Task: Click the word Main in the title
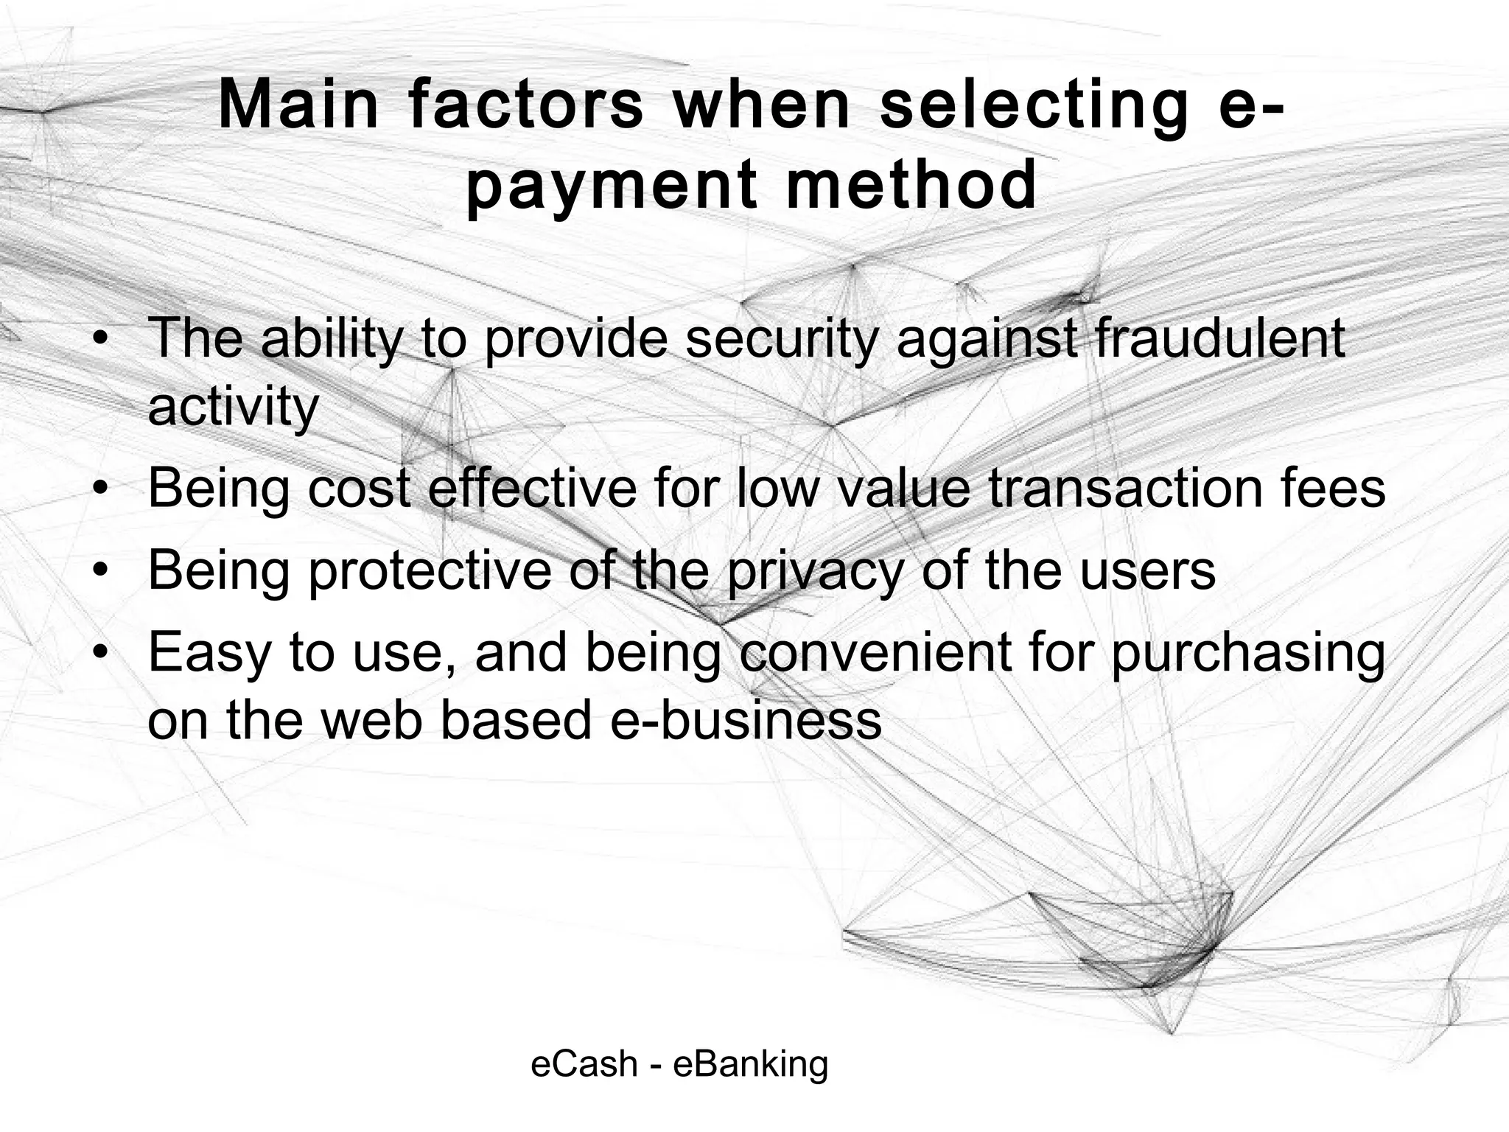(298, 105)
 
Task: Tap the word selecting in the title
(1034, 105)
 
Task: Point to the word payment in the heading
(611, 186)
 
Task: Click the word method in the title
(911, 186)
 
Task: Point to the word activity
(233, 407)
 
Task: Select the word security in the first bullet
(782, 339)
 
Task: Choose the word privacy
(815, 570)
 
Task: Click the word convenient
(875, 652)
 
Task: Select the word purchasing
(1247, 652)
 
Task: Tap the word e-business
(746, 719)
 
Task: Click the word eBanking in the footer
(751, 1064)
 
